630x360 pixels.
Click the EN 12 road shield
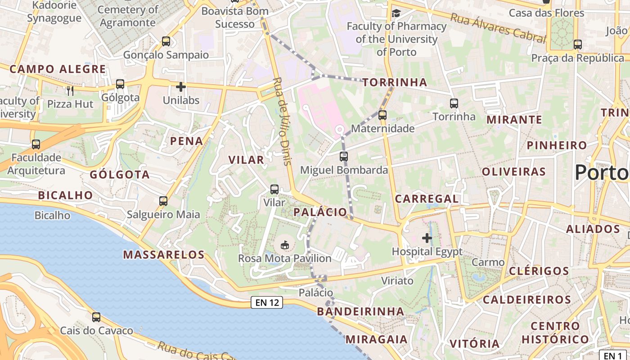[267, 302]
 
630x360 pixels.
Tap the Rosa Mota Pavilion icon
[284, 245]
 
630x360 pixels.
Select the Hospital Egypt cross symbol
[427, 238]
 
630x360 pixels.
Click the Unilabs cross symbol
[181, 87]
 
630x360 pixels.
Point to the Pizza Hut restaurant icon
[70, 91]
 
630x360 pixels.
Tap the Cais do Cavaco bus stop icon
[96, 317]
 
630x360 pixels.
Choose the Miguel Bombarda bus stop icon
[344, 157]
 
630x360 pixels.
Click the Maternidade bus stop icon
[382, 115]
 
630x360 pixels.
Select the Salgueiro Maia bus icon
[163, 201]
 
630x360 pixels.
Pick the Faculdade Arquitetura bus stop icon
[36, 144]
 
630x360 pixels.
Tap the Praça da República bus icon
[578, 45]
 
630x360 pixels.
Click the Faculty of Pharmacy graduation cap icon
[396, 13]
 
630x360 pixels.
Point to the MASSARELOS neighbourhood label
[164, 255]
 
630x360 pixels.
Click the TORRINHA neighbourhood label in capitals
[395, 82]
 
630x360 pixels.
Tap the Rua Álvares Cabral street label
[498, 27]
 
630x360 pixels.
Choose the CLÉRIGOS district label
[539, 271]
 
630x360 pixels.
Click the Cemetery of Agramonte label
[128, 16]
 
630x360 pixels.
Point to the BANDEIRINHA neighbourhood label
[360, 311]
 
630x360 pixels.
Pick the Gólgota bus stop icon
[120, 84]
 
